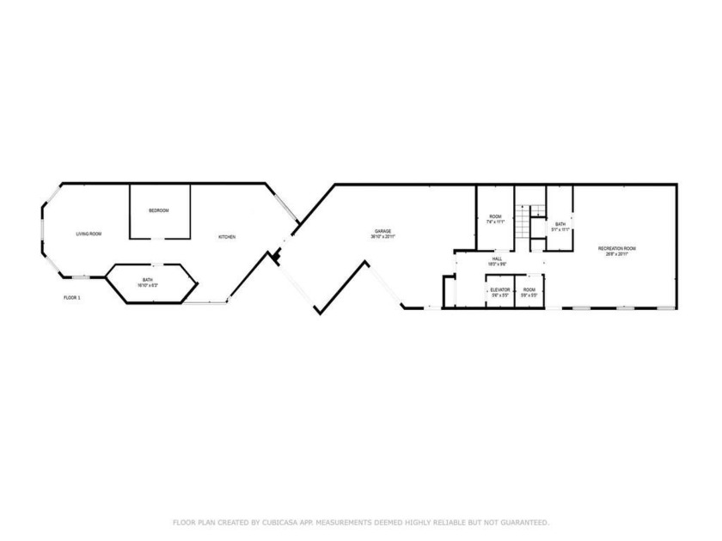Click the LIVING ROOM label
pos(89,234)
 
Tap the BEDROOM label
pos(158,211)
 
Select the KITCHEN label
pos(227,237)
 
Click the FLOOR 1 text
pos(72,298)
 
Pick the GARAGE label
pos(382,231)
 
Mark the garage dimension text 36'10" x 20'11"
pos(382,237)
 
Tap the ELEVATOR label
pos(500,289)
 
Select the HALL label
pos(497,258)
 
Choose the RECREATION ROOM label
pos(617,248)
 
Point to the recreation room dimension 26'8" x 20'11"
pos(617,254)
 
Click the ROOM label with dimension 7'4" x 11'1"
pos(495,216)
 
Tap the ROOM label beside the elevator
pos(529,289)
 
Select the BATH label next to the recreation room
pos(560,223)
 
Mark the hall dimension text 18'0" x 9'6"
pos(497,264)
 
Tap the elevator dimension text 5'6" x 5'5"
pos(500,295)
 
